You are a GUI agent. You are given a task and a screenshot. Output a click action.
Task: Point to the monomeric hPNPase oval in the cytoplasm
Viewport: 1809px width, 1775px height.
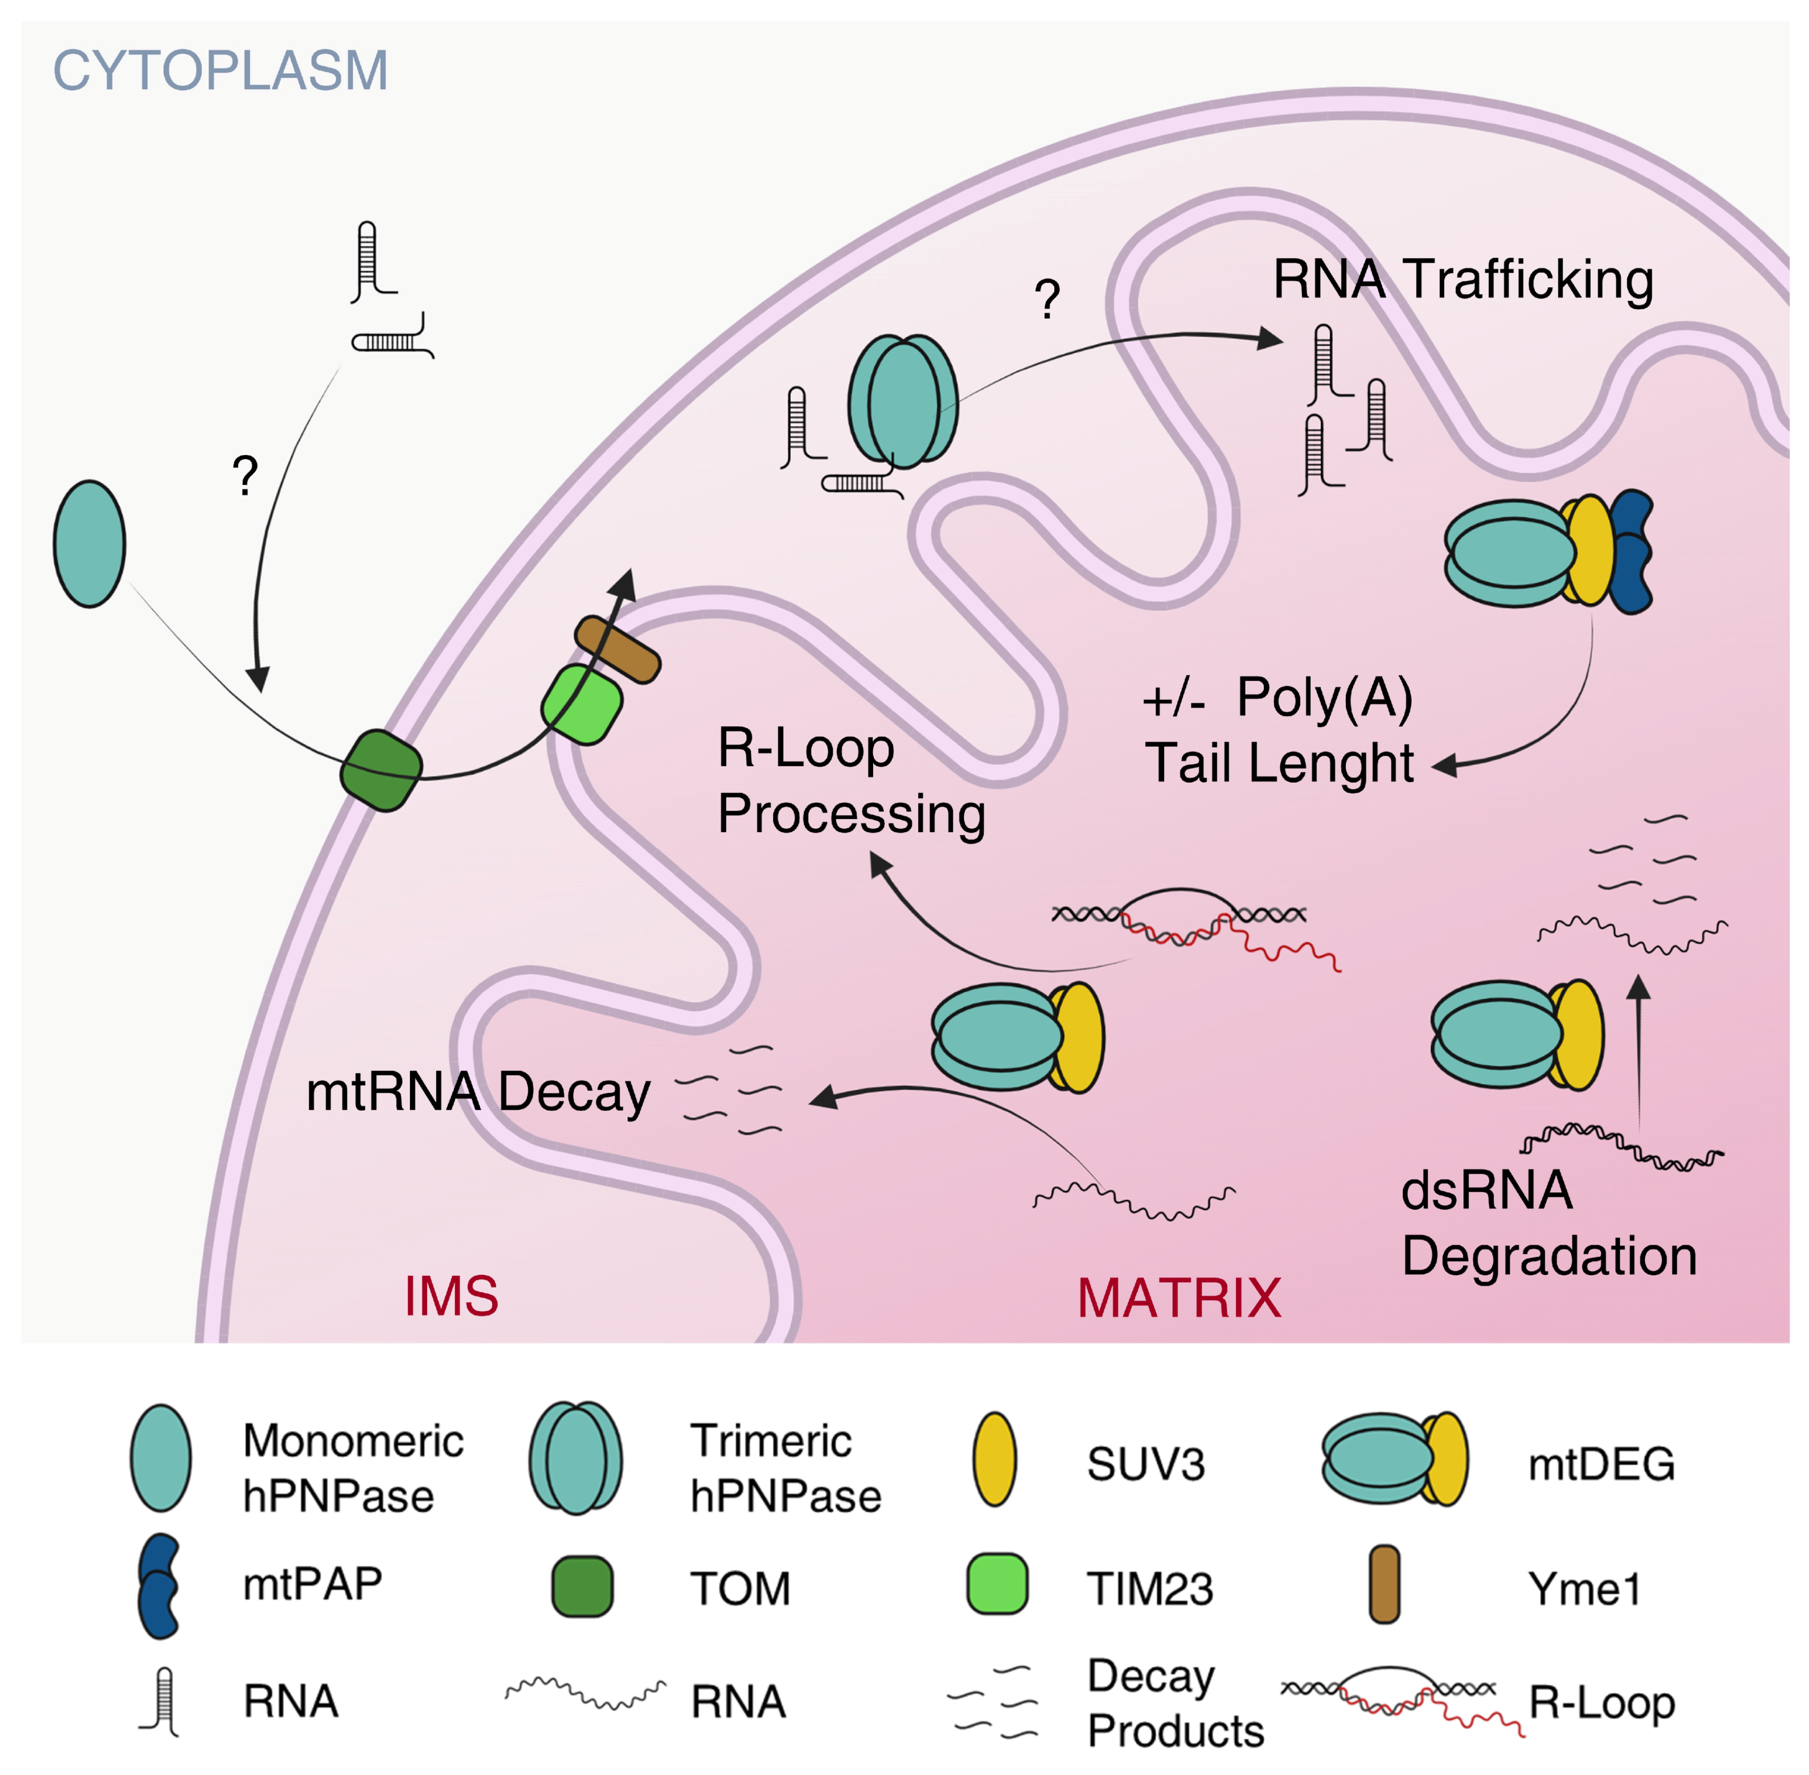(x=90, y=544)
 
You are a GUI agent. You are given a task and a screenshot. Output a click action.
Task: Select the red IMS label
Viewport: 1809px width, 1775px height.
(x=451, y=1296)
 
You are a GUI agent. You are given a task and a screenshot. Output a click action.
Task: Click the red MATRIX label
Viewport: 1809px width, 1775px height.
(x=1179, y=1298)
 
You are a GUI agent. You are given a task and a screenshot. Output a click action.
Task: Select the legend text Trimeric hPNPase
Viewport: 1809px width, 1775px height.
(x=785, y=1468)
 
